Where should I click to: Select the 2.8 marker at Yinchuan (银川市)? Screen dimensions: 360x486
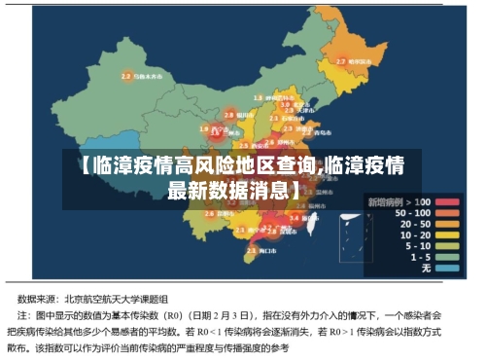(229, 114)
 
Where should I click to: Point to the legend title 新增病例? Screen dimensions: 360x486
(386, 200)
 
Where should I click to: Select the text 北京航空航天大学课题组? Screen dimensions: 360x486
(117, 300)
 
